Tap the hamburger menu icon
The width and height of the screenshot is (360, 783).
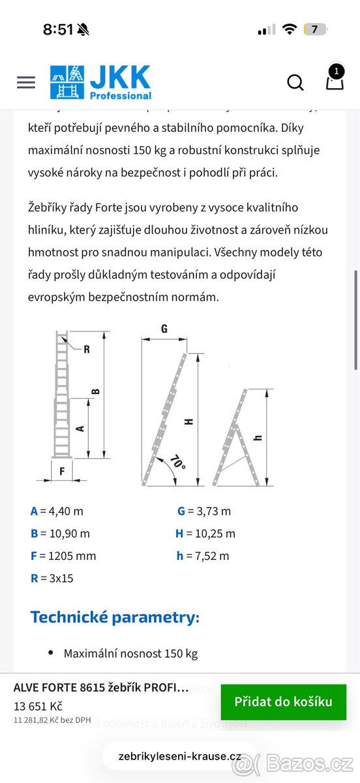(x=26, y=82)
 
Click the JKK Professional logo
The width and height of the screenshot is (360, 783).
(x=100, y=82)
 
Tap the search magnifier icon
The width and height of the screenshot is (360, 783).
(x=295, y=82)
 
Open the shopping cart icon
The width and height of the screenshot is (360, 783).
(x=335, y=81)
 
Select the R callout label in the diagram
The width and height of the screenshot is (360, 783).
(x=86, y=349)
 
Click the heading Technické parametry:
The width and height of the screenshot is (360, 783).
(x=115, y=617)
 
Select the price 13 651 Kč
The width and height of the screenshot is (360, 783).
(x=38, y=706)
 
